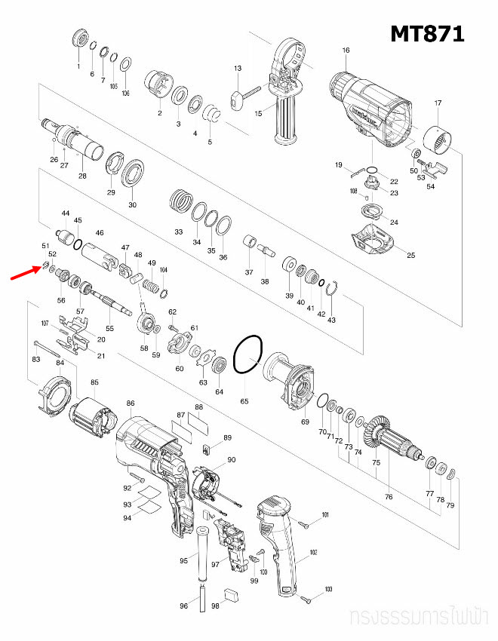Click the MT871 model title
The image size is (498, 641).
coord(426,34)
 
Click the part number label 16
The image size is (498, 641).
coord(346,51)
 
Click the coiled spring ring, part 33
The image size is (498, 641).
coord(180,201)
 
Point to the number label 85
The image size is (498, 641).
coord(94,382)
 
